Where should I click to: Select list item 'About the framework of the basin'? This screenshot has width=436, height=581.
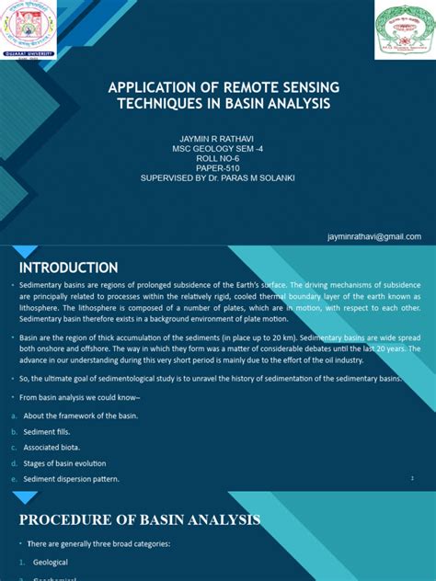[x=80, y=416]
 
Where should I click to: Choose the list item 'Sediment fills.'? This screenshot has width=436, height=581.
[x=54, y=431]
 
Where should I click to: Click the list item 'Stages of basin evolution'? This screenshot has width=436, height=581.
[x=64, y=463]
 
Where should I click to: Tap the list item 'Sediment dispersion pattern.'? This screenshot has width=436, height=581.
[x=71, y=479]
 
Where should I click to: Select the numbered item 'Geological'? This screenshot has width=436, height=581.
[x=51, y=562]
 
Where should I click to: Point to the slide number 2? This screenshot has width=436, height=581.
[x=413, y=479]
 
